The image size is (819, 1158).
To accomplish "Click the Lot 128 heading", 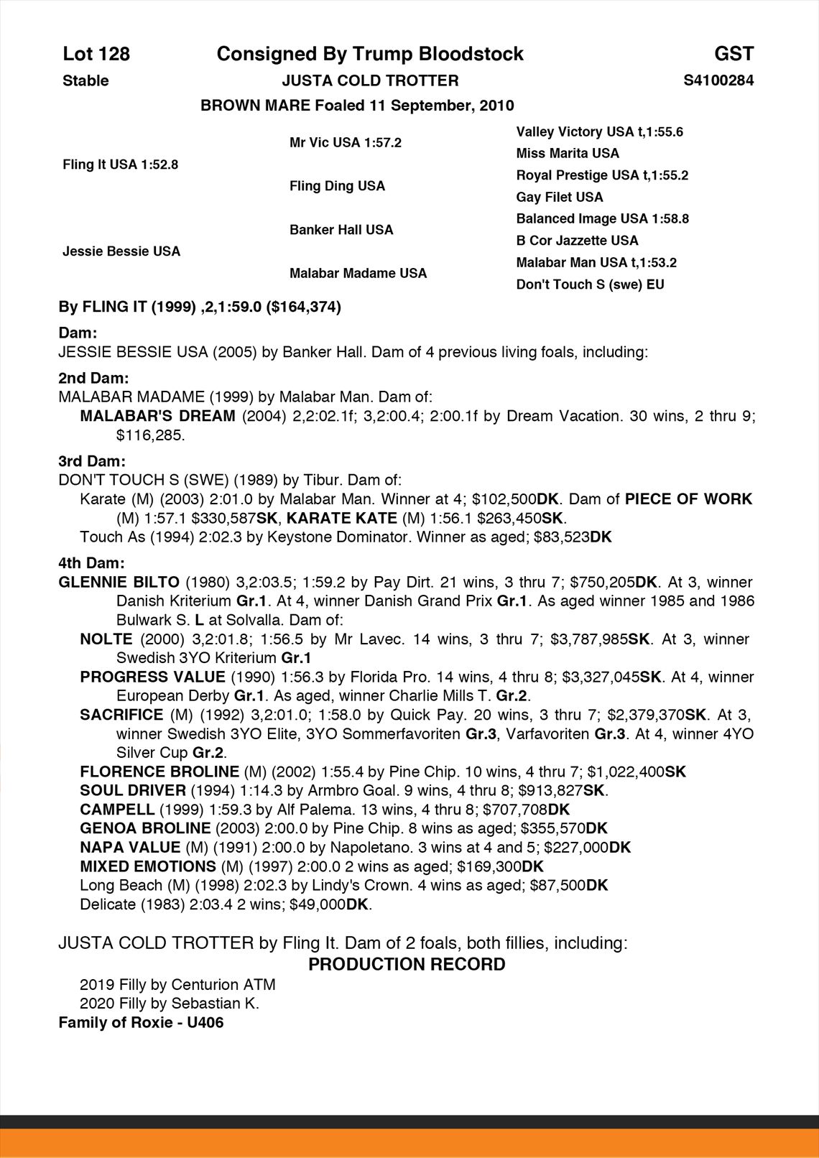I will (x=96, y=54).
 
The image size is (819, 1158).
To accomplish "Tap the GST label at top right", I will (x=734, y=54).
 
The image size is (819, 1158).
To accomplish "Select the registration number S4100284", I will (x=718, y=80).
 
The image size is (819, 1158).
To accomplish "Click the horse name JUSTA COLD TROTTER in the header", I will (x=370, y=80).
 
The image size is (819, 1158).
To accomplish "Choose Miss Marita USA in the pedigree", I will (x=567, y=153).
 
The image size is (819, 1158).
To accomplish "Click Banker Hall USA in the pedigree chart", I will (x=341, y=230).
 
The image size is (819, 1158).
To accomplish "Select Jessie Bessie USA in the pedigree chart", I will (x=121, y=251).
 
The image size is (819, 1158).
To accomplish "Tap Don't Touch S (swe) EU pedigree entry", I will (x=590, y=284).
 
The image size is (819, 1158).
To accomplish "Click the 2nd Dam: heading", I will (x=93, y=378).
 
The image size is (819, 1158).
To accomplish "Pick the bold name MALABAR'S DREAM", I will (x=157, y=416).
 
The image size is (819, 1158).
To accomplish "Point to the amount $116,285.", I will (x=150, y=435).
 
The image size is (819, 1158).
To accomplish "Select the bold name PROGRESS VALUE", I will (x=152, y=677).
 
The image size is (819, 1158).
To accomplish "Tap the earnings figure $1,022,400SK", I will (x=637, y=772).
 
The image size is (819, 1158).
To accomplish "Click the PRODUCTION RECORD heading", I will (x=407, y=964).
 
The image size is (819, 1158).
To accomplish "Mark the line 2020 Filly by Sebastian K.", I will (x=170, y=1003).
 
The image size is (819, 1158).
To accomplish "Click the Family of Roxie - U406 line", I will (x=141, y=1022).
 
